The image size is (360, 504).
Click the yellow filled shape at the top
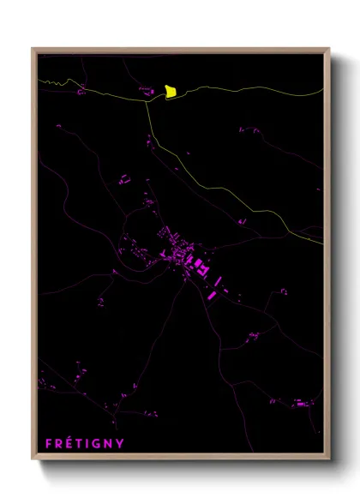[x=171, y=91]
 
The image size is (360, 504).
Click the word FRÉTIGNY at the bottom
[x=84, y=443]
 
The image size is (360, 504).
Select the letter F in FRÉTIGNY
[x=49, y=443]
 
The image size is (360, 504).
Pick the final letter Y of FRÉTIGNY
[x=120, y=443]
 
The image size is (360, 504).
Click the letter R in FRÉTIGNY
[x=59, y=443]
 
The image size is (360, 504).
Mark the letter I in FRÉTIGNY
[x=88, y=443]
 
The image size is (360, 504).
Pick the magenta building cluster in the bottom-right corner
[x=299, y=402]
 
